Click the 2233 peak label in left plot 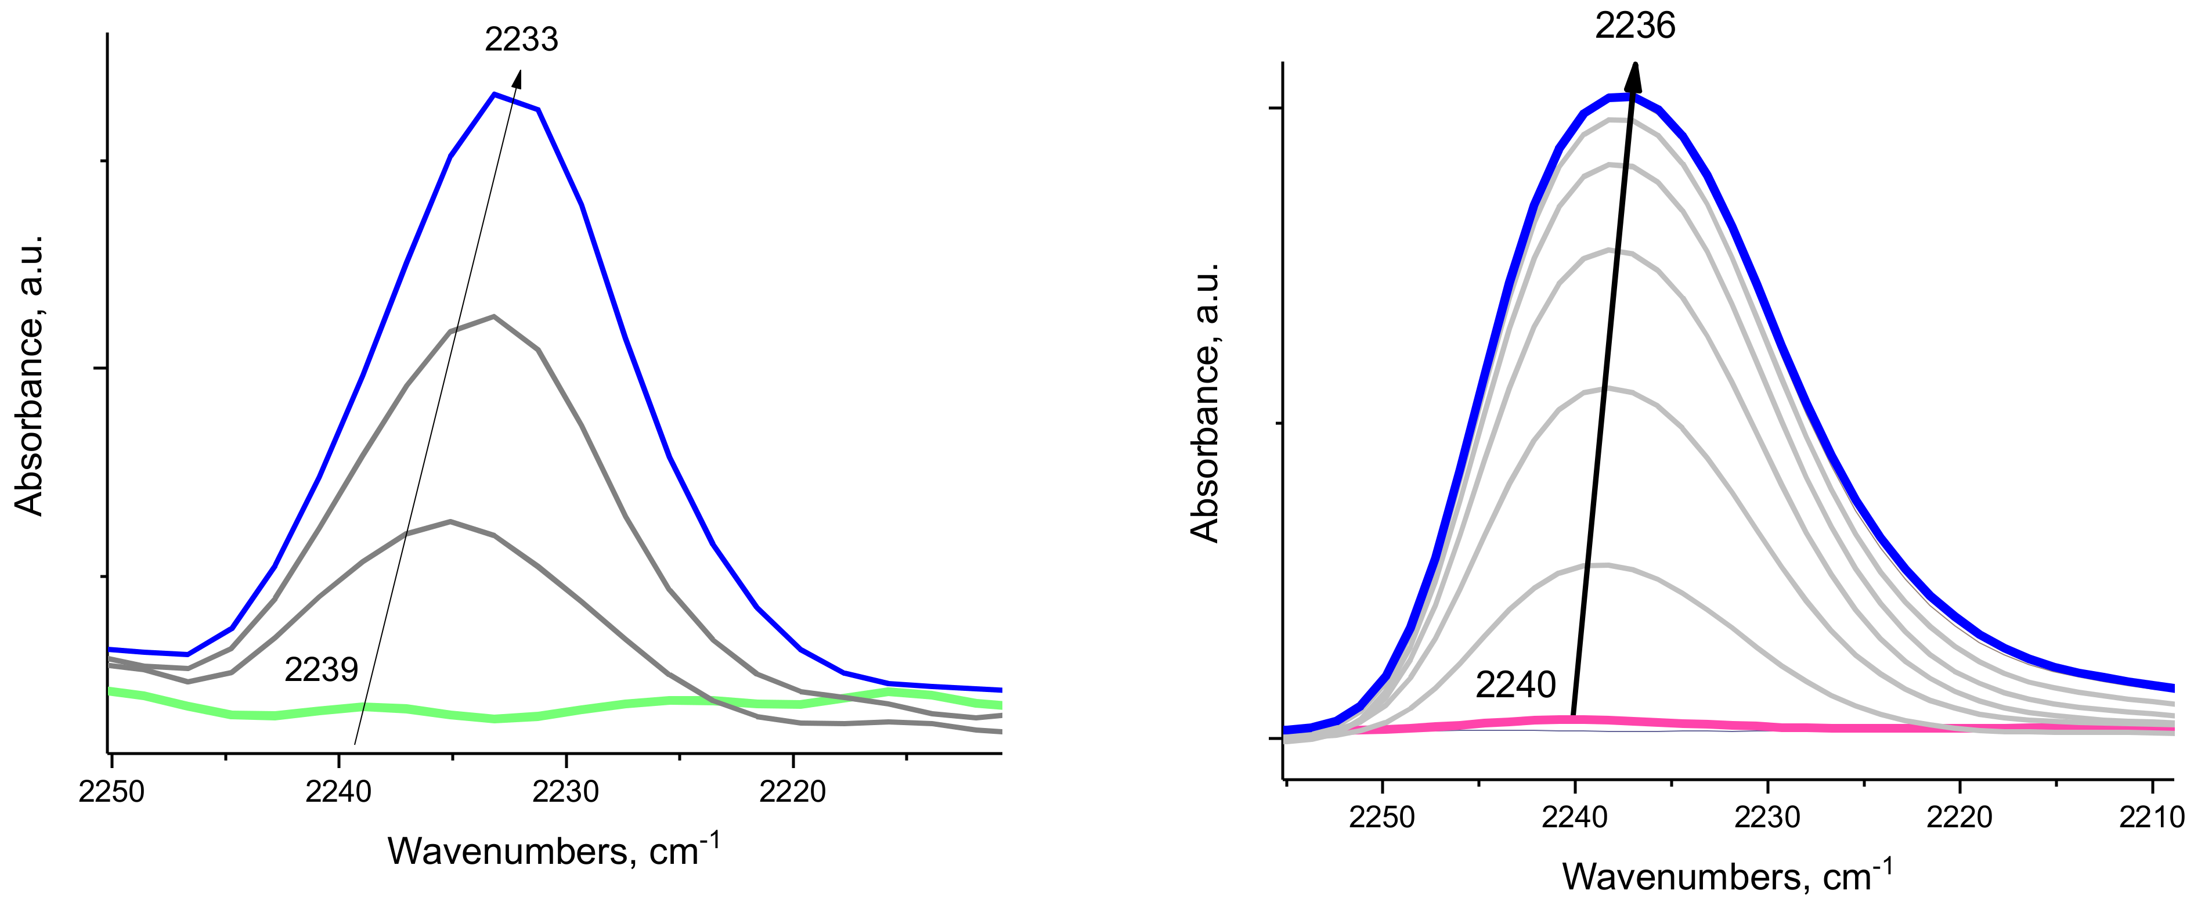[x=521, y=39]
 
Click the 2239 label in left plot [x=321, y=669]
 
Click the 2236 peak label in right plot [x=1634, y=26]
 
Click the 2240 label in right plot [x=1515, y=684]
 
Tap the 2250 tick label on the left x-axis [x=111, y=791]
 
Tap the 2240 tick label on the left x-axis [x=338, y=791]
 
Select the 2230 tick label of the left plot [x=565, y=791]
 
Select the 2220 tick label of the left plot [x=793, y=791]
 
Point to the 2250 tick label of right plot [x=1383, y=817]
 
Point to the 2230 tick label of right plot [x=1767, y=817]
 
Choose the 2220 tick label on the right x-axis [x=1960, y=817]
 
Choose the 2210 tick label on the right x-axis [x=2152, y=817]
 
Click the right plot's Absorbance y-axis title [x=1205, y=403]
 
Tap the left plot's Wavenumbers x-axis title [x=554, y=850]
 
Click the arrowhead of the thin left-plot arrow [x=518, y=77]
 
